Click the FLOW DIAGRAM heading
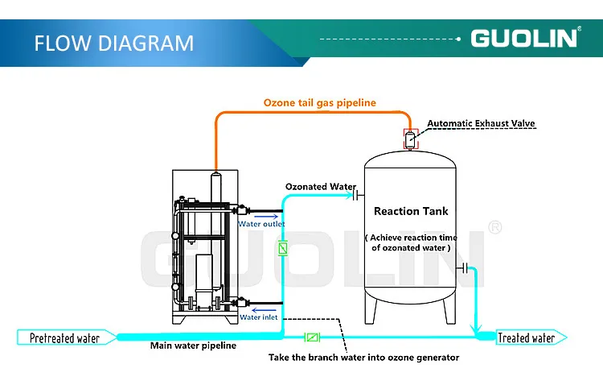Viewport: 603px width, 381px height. click(113, 42)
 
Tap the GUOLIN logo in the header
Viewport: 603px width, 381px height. click(523, 38)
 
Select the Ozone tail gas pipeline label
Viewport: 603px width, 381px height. click(319, 103)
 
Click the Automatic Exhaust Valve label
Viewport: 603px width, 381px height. click(481, 123)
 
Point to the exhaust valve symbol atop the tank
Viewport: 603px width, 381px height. click(410, 139)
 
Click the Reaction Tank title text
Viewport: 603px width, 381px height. click(411, 211)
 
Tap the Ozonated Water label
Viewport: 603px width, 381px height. click(320, 187)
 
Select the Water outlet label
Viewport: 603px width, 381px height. click(261, 224)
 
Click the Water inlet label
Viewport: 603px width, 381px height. click(260, 317)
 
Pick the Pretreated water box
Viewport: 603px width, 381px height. click(64, 338)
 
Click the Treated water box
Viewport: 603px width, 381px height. click(526, 338)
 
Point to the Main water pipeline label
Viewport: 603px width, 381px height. click(193, 346)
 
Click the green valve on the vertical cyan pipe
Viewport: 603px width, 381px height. click(283, 249)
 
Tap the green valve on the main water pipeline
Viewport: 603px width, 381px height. click(314, 338)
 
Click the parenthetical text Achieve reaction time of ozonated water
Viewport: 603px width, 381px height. click(411, 242)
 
